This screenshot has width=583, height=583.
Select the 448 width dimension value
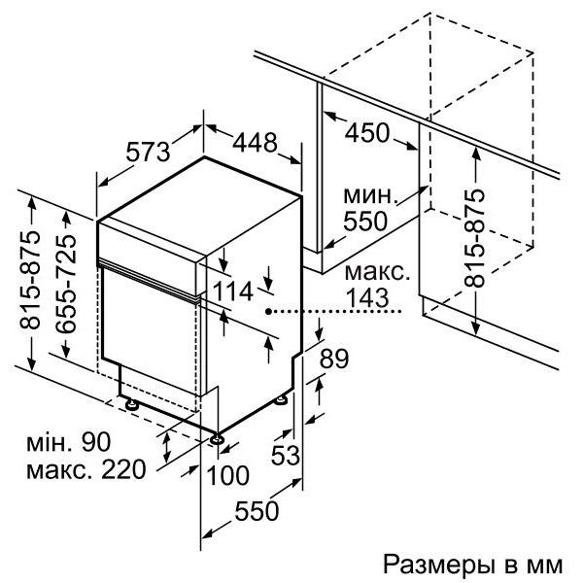(255, 142)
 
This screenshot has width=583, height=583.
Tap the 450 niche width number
(367, 133)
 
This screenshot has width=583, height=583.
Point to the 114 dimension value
(233, 291)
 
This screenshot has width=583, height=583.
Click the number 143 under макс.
(367, 297)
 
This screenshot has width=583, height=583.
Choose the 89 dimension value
(334, 359)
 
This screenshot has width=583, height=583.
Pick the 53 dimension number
(285, 455)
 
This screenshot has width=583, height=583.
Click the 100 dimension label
(227, 475)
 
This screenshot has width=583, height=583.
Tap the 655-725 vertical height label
(66, 284)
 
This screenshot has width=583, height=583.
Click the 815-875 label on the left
(29, 281)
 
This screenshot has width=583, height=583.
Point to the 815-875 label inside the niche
(474, 238)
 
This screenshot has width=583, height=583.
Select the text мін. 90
(69, 441)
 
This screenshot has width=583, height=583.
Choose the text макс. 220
(86, 469)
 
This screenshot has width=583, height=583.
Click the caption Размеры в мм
(472, 565)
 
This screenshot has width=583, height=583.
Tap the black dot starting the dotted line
(269, 312)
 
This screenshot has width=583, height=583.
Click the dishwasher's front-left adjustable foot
(131, 404)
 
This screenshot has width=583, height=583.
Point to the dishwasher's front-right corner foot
(217, 439)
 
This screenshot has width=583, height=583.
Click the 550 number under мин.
(365, 222)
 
